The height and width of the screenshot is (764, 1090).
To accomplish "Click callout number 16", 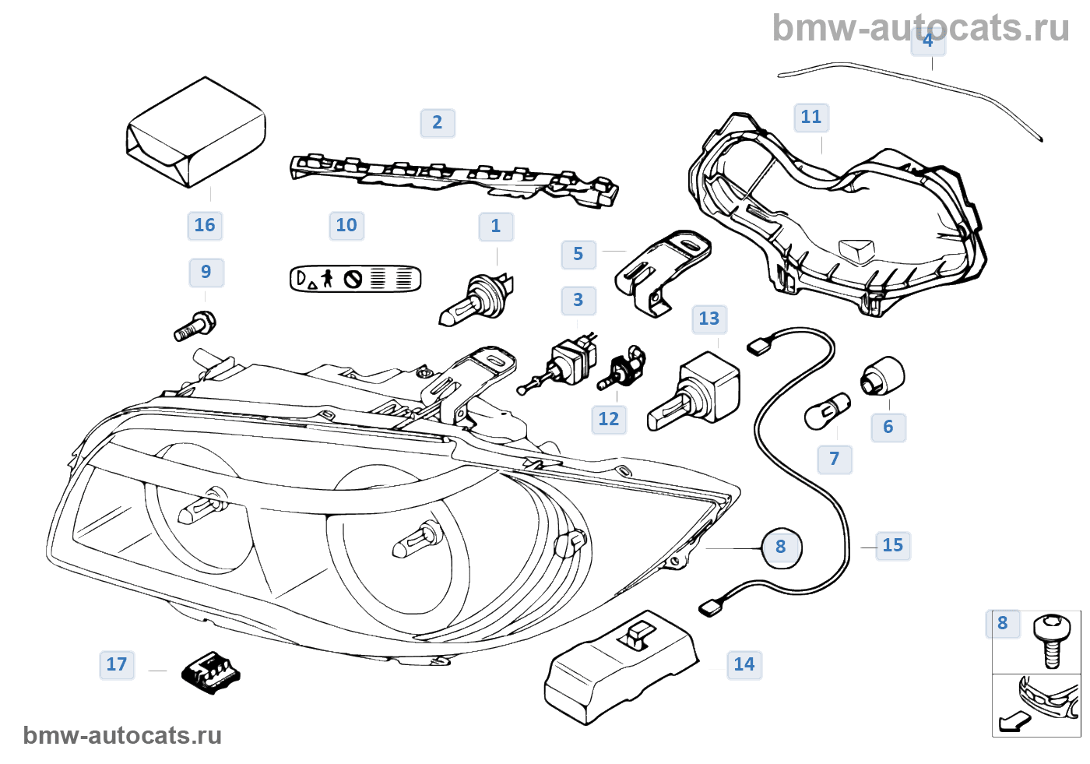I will click(205, 225).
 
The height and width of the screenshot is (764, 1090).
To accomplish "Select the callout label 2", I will click(438, 122).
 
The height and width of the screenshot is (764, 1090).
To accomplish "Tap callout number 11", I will click(811, 117).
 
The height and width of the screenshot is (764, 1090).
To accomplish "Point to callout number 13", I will click(709, 319).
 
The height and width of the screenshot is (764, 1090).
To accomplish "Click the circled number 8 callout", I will click(781, 547).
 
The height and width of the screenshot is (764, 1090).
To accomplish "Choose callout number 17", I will click(117, 664).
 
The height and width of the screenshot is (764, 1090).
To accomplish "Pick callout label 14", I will click(744, 664).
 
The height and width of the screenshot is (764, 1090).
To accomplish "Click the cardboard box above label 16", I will click(196, 132).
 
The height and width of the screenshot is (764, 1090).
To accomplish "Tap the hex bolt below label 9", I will click(195, 326).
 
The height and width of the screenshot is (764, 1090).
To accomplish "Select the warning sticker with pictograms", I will click(355, 278).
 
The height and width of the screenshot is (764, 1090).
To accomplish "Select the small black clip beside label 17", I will click(210, 671).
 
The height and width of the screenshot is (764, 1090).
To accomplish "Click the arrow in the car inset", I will click(1012, 722).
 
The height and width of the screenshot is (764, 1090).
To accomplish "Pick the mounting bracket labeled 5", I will click(662, 270).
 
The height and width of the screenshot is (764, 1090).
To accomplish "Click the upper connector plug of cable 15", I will click(758, 345).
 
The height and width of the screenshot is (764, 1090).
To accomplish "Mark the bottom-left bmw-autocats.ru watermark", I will click(122, 735).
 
